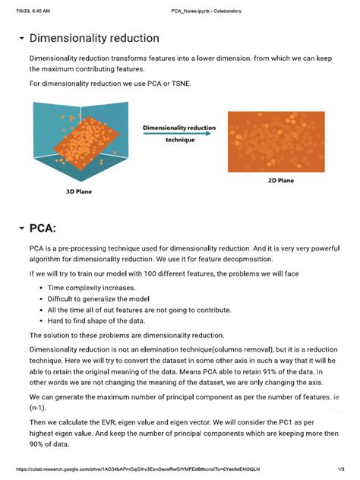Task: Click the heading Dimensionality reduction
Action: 93,38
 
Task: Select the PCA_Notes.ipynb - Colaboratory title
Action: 180,6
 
